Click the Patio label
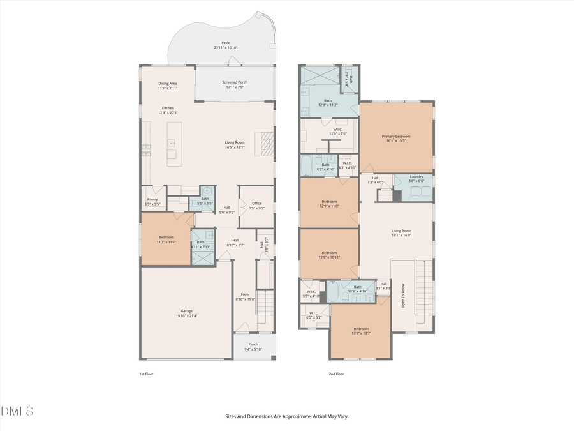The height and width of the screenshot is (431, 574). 225,43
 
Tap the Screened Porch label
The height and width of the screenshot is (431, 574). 234,82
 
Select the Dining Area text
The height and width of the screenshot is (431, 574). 168,84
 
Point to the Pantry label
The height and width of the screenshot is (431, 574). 152,199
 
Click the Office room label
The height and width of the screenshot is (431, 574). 256,204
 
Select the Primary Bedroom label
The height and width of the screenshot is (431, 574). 396,136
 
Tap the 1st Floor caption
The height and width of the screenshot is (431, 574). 146,374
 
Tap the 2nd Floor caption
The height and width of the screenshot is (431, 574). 336,374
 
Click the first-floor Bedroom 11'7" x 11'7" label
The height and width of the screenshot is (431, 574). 166,238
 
